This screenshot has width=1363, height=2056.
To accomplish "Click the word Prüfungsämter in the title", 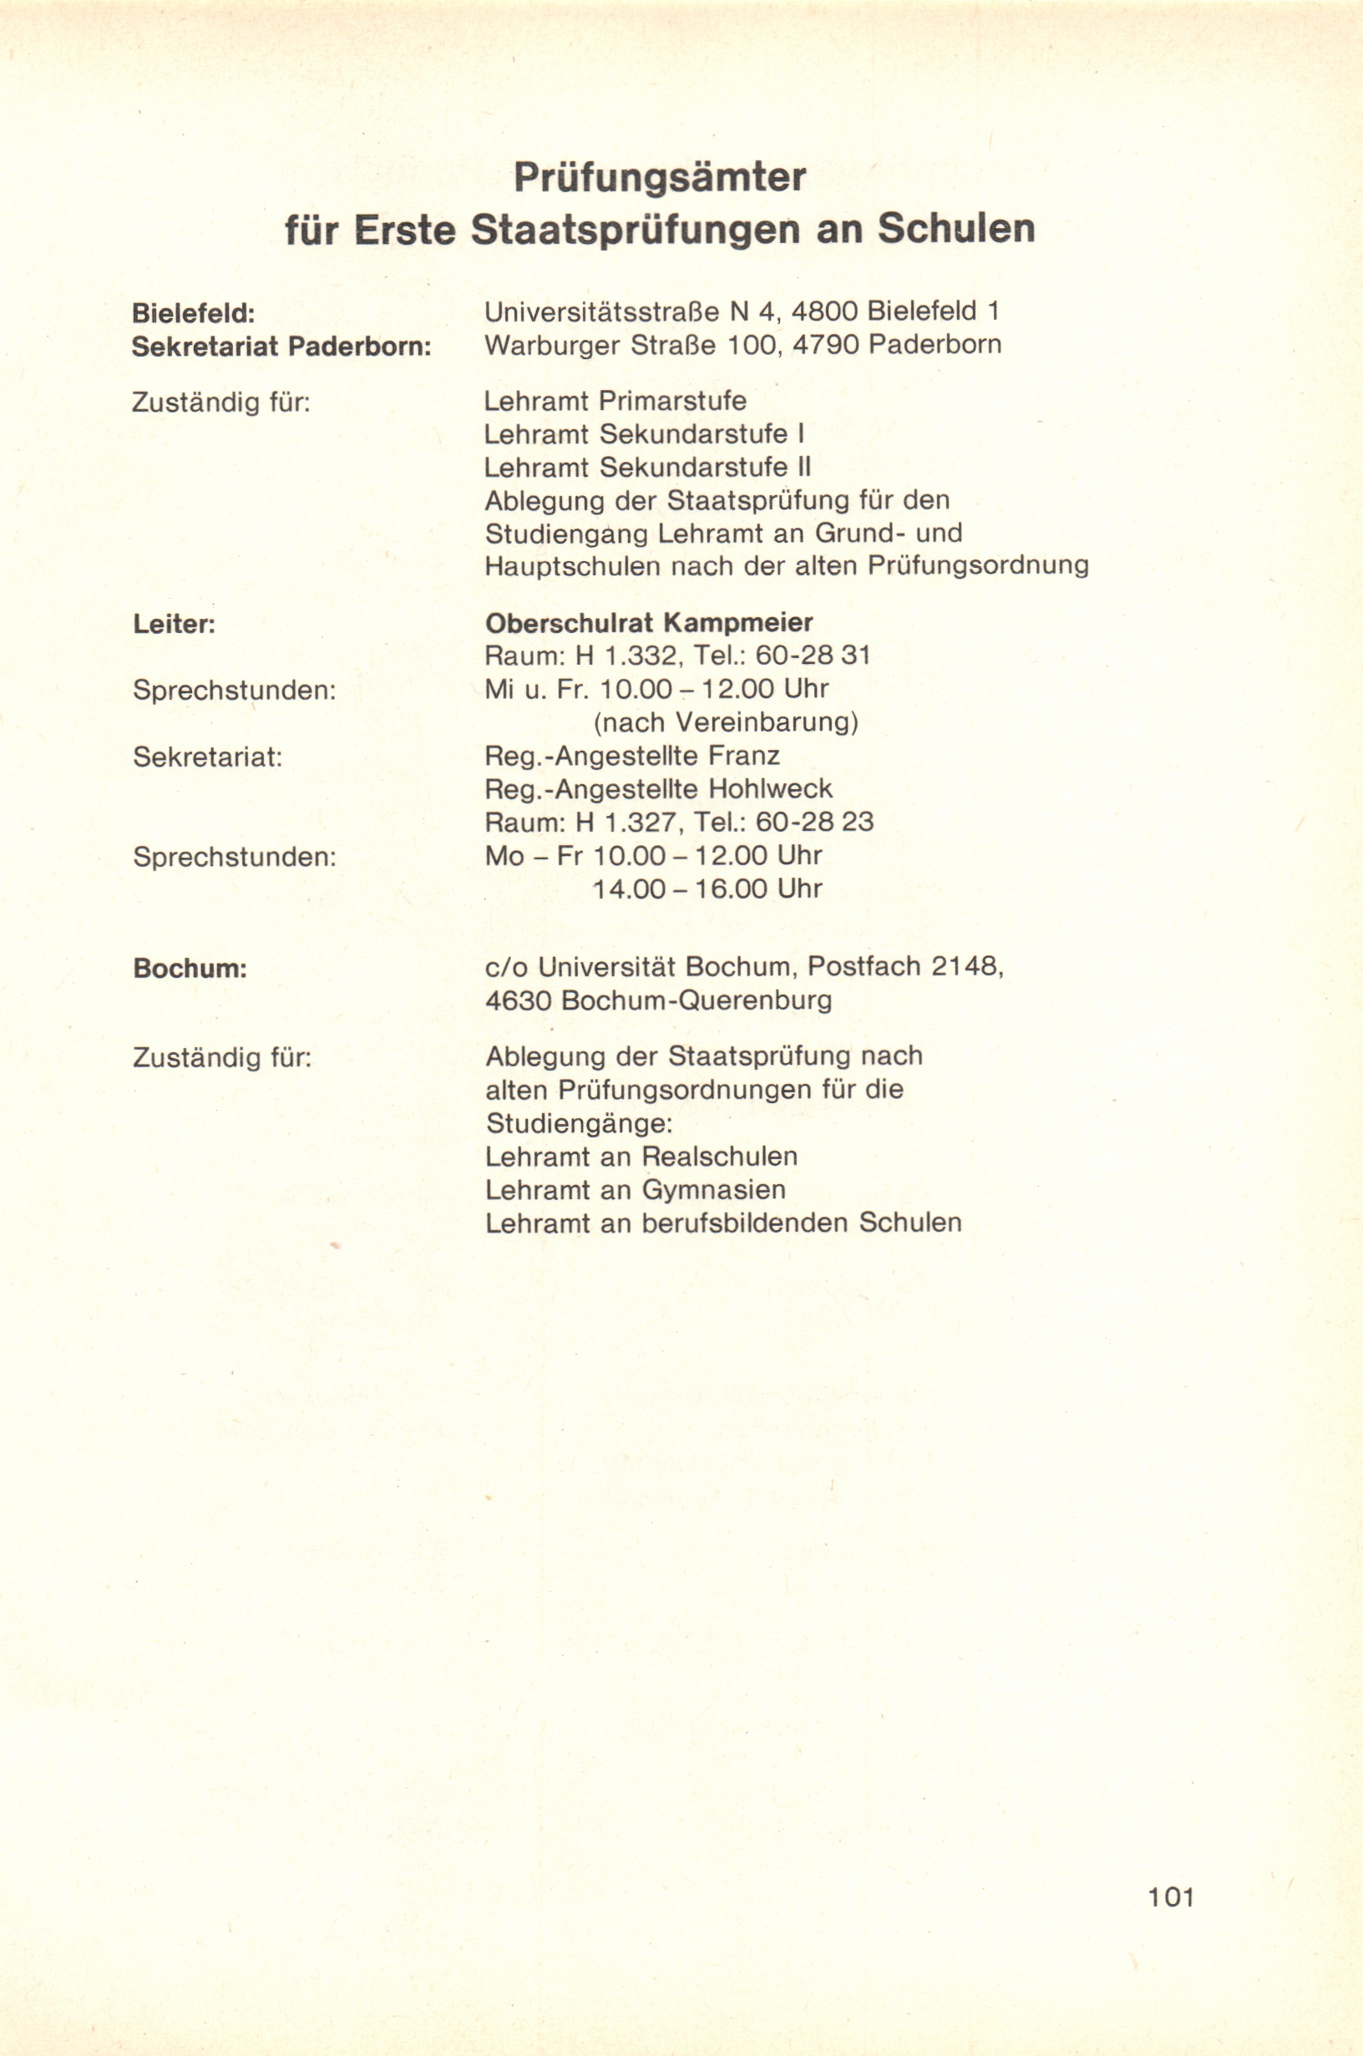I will pos(660,177).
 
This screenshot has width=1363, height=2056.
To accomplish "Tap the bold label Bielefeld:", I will pos(193,313).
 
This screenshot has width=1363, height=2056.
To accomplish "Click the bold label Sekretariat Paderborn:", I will pos(281,347).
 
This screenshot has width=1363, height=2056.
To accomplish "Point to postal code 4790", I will pos(825,345).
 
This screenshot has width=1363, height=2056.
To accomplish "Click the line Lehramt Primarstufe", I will pos(615,402).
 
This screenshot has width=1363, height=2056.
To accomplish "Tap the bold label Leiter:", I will pos(174,624).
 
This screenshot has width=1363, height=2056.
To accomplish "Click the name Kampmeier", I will pos(739,623).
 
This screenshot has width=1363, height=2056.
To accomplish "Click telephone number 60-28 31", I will pos(813,656).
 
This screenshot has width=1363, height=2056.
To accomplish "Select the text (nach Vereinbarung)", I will pos(726,723).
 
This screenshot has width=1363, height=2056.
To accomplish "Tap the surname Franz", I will pos(744,756).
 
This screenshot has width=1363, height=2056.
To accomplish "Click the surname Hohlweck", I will pos(770,789).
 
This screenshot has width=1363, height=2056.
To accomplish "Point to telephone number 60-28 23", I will pos(814,822).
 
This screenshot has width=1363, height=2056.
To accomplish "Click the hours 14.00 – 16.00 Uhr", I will pos(707,889).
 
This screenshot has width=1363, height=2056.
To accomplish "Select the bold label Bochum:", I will pos(190,969).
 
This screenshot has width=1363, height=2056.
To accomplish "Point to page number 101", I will pos(1171,1896).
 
